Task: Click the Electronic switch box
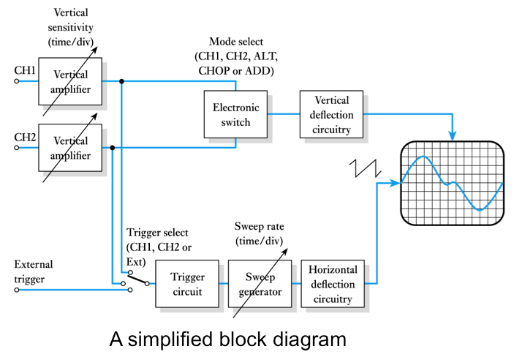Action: click(236, 115)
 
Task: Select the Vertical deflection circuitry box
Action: click(333, 115)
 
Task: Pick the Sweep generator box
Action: click(260, 284)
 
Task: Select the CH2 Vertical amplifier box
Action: click(70, 147)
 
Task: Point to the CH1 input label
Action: click(25, 71)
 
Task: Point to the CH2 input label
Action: click(25, 136)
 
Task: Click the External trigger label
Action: click(34, 271)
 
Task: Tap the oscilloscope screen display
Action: click(452, 183)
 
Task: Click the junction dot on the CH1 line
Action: click(121, 82)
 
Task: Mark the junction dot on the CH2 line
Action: click(112, 147)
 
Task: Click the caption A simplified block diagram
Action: click(227, 340)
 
